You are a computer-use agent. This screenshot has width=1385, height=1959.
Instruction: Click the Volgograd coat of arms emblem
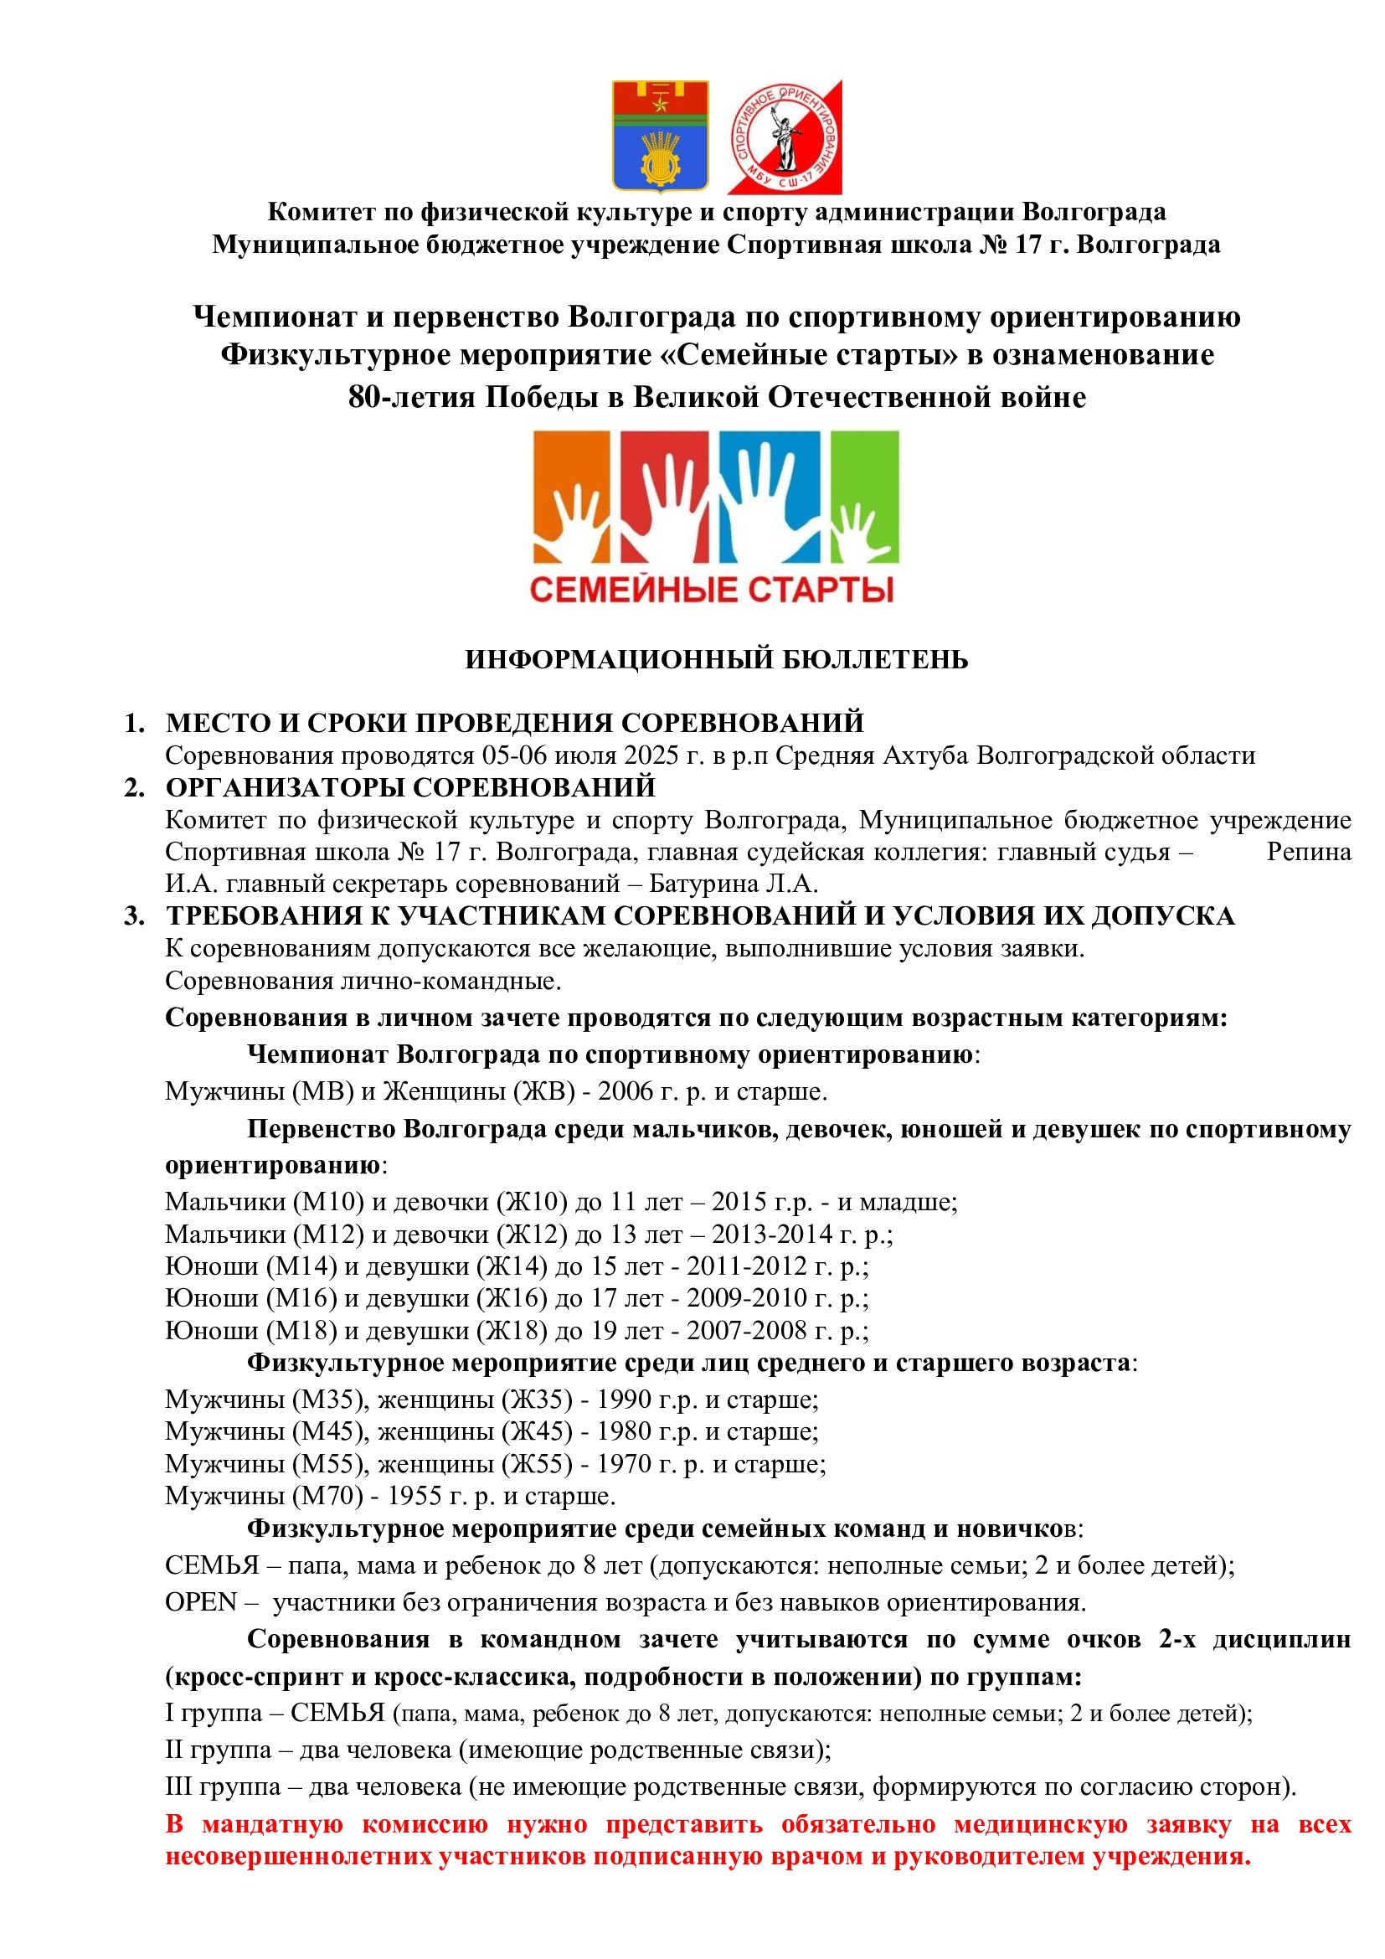click(x=660, y=136)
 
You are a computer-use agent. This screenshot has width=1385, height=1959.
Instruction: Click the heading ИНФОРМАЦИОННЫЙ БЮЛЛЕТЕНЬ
click(x=717, y=659)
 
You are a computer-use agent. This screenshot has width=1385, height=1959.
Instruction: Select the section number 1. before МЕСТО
click(x=134, y=724)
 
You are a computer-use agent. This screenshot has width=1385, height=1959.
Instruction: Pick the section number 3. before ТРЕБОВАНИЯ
click(x=134, y=916)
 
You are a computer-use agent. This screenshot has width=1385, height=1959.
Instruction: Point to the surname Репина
click(x=1308, y=852)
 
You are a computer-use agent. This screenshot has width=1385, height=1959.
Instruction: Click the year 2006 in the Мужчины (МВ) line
click(x=626, y=1091)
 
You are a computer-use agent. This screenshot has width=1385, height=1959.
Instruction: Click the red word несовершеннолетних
click(x=297, y=1858)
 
